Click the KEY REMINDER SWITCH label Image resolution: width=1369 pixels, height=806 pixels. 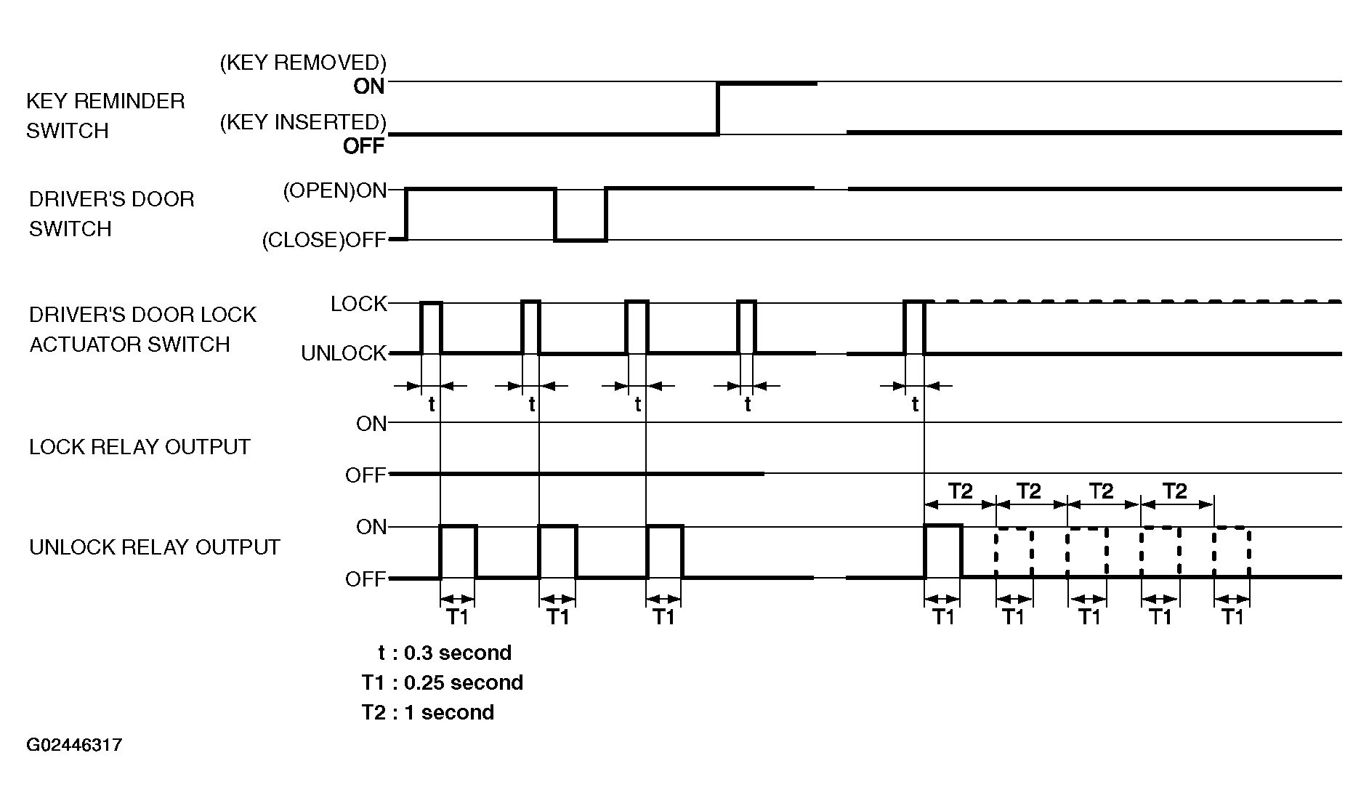(x=105, y=116)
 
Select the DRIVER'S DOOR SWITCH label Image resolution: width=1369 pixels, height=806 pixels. (x=112, y=214)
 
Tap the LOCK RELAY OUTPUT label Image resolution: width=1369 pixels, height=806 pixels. (x=140, y=446)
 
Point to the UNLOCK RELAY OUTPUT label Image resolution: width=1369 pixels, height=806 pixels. (x=155, y=547)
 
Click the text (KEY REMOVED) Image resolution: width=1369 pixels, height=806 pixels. (x=303, y=63)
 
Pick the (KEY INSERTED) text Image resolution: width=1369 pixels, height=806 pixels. (x=303, y=122)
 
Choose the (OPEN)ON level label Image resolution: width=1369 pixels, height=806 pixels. (x=334, y=190)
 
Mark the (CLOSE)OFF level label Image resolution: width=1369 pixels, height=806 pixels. (x=324, y=240)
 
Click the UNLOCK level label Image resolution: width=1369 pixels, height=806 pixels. (x=344, y=353)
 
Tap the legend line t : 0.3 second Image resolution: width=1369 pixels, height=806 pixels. (x=445, y=653)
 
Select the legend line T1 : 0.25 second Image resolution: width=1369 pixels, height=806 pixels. (x=443, y=682)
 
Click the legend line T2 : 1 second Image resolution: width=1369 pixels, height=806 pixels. (x=428, y=712)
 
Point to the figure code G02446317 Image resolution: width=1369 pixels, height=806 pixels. (x=74, y=745)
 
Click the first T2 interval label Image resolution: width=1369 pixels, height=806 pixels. (x=960, y=491)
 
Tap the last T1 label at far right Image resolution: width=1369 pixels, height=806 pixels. (x=1232, y=617)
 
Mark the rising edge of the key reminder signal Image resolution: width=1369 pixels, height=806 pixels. (x=718, y=109)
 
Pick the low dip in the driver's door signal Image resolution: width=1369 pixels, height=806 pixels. (x=581, y=240)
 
